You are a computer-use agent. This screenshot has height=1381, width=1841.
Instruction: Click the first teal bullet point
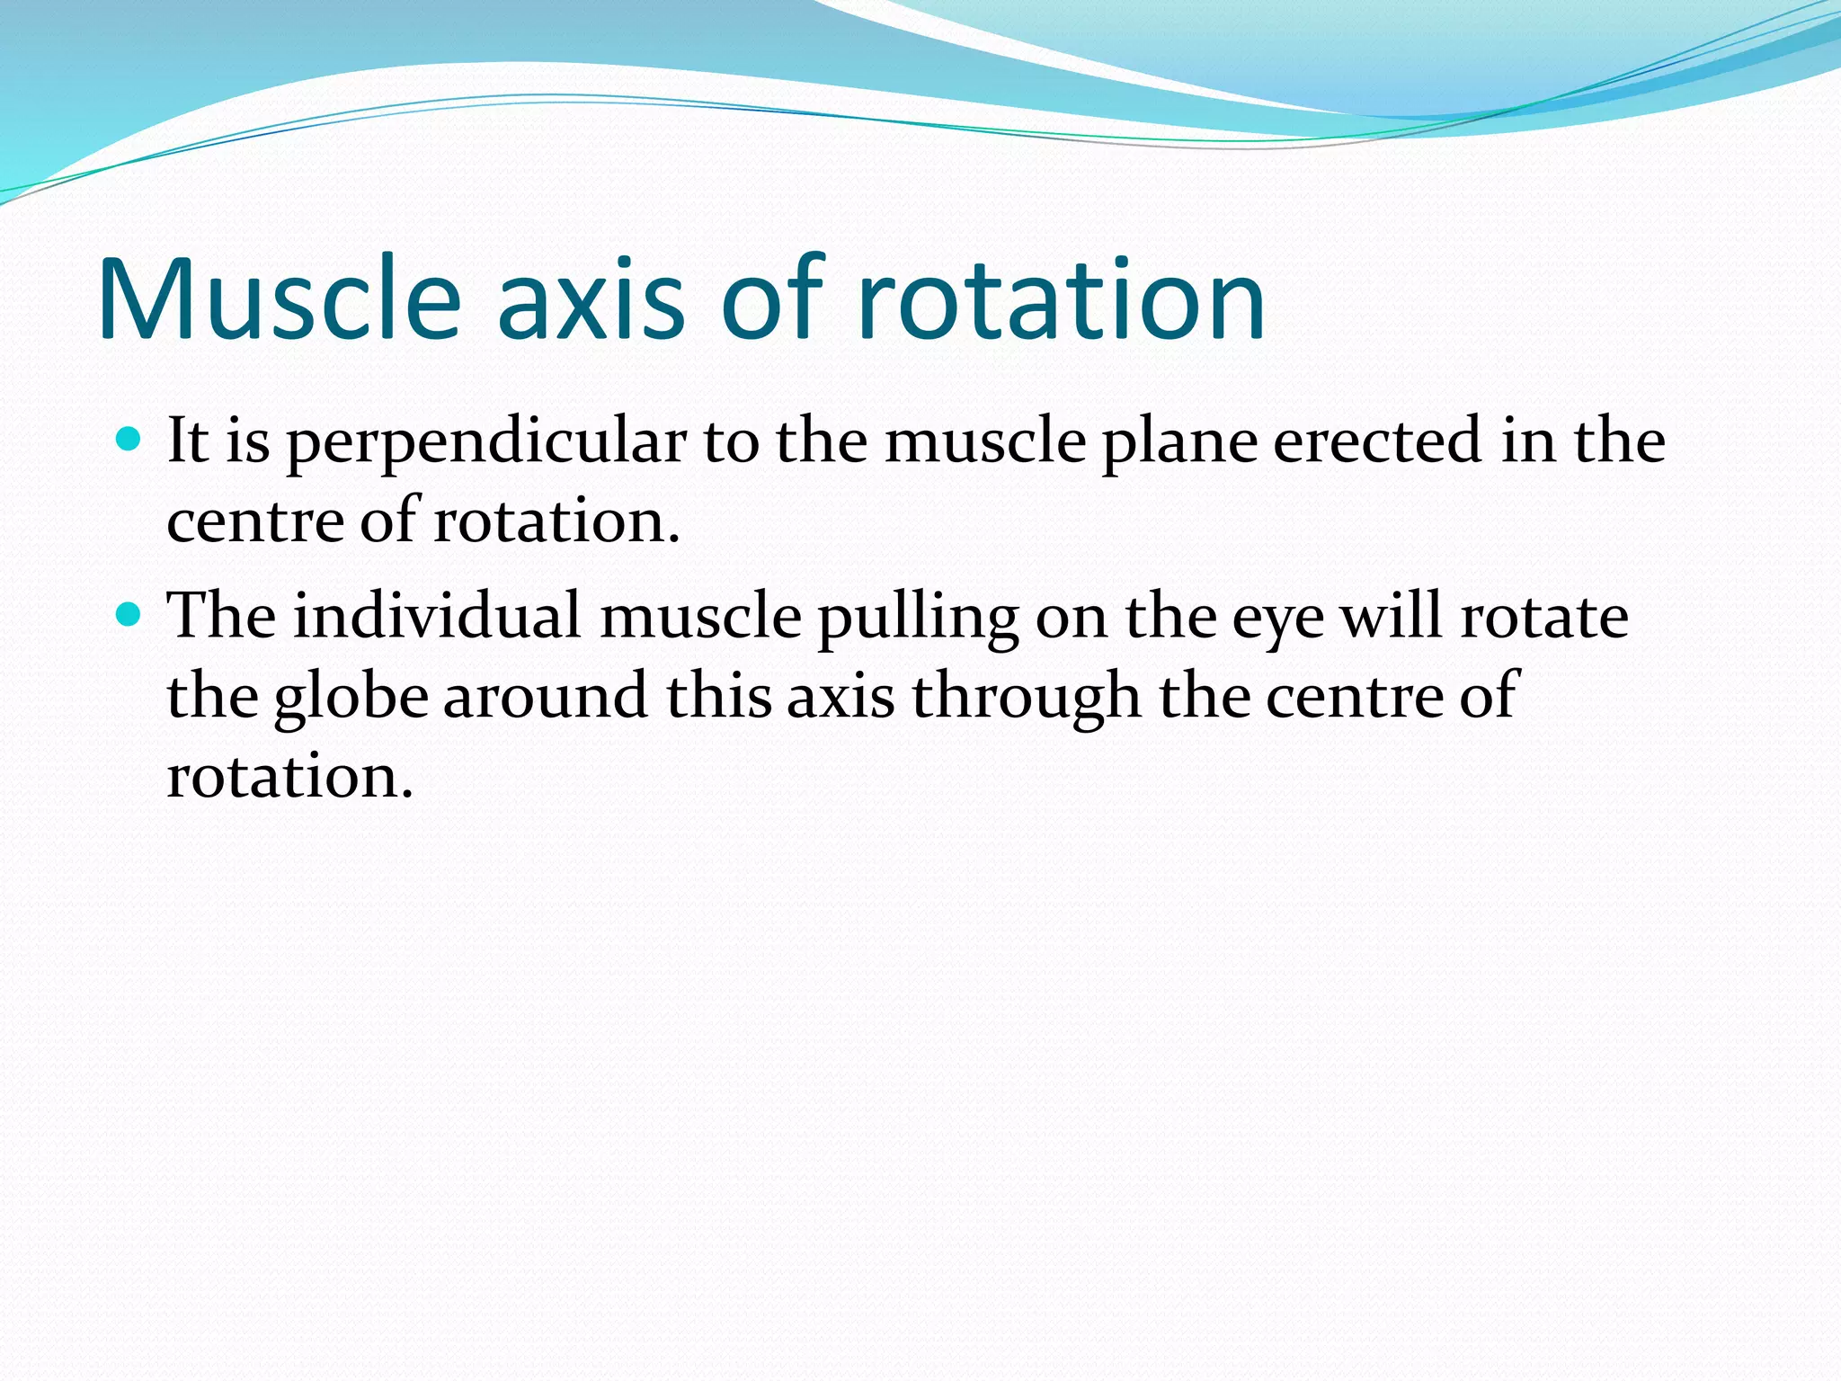pyautogui.click(x=129, y=440)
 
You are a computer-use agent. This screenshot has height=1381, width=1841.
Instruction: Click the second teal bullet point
pyautogui.click(x=129, y=615)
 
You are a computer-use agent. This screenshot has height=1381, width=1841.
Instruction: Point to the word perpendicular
pyautogui.click(x=486, y=442)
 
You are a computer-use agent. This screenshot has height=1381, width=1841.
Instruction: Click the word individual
pyautogui.click(x=438, y=617)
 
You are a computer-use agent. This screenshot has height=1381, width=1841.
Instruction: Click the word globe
pyautogui.click(x=351, y=697)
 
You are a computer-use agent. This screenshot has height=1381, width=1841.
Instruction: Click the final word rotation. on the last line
pyautogui.click(x=289, y=776)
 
